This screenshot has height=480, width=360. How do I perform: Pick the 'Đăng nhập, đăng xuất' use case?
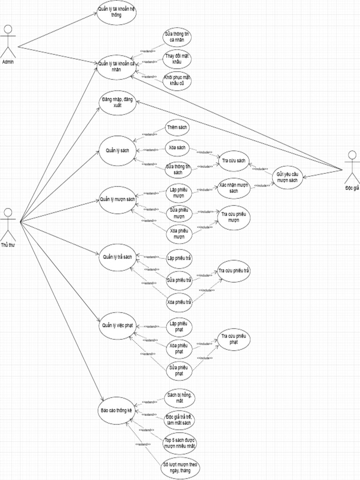click(117, 103)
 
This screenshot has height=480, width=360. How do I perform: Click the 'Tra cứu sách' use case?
click(233, 161)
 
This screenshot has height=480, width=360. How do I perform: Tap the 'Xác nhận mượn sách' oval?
click(233, 188)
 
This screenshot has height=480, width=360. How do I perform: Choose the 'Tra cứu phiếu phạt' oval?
click(233, 339)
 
